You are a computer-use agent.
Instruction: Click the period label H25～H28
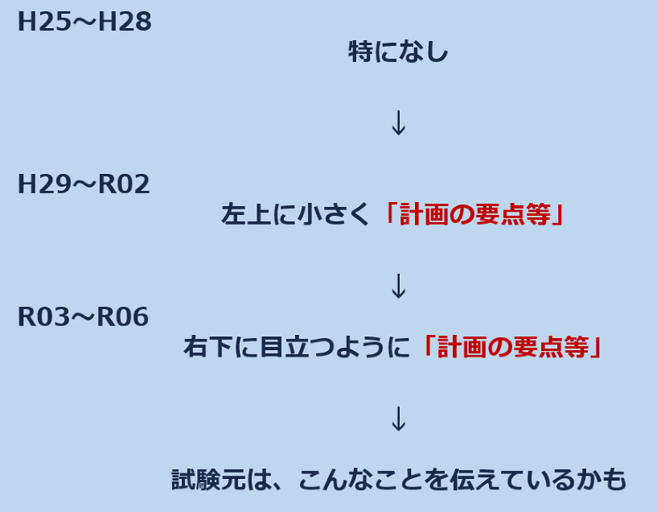pos(84,23)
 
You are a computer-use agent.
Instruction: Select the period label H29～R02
pos(84,185)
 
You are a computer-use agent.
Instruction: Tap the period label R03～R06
pos(83,317)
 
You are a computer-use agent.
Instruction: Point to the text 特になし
pos(398,53)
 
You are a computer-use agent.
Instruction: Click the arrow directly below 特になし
pos(398,123)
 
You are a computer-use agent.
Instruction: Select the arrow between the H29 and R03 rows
pos(398,287)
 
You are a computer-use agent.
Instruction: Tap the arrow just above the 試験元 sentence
pos(398,419)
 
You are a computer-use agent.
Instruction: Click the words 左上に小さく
pos(297,215)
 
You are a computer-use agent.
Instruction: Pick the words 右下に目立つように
pos(297,347)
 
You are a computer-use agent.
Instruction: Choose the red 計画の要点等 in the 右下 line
pos(514,347)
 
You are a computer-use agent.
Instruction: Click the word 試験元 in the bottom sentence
pos(199,480)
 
